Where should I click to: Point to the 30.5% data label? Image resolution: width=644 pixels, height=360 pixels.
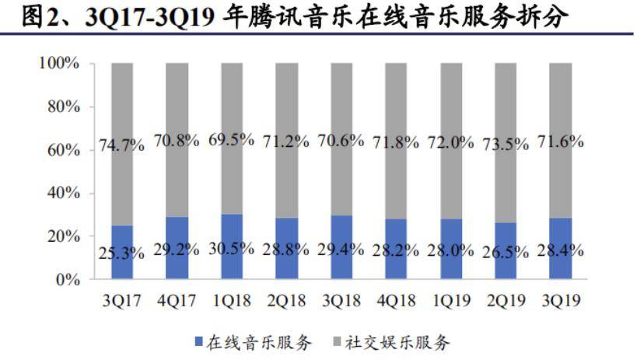click(232, 250)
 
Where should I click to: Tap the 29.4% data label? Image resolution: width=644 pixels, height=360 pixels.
click(341, 250)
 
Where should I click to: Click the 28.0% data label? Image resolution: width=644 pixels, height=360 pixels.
click(451, 250)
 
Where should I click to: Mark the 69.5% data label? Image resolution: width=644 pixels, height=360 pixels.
click(232, 141)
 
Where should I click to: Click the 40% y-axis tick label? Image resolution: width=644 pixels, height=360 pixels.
click(63, 193)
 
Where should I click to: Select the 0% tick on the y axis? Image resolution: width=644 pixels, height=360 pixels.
click(68, 279)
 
